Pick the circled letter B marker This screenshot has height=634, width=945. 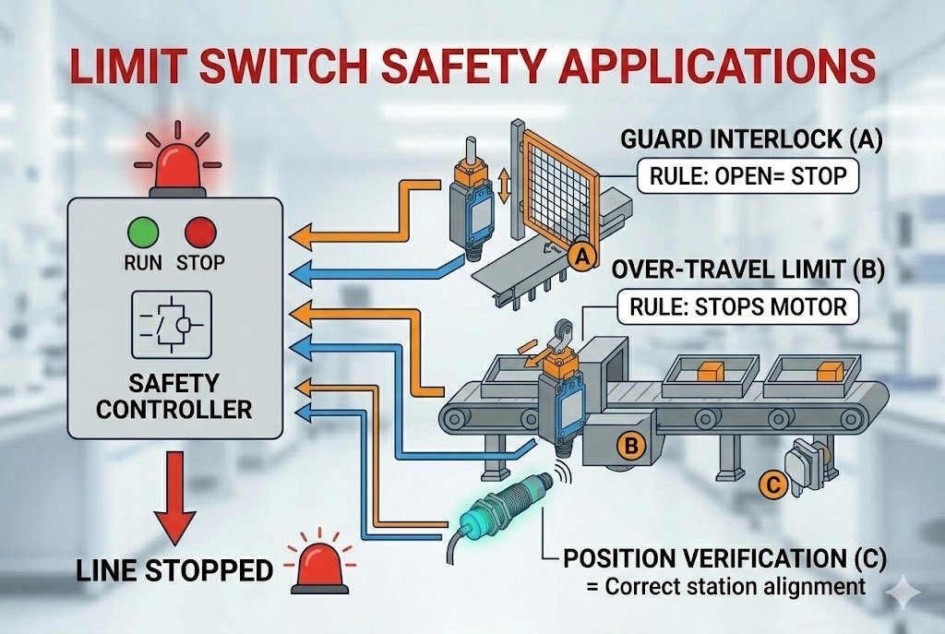coord(632,447)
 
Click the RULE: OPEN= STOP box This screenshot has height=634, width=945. coord(748,175)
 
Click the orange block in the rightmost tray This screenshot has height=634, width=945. coord(826,372)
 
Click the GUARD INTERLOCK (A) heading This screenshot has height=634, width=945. coord(752,141)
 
